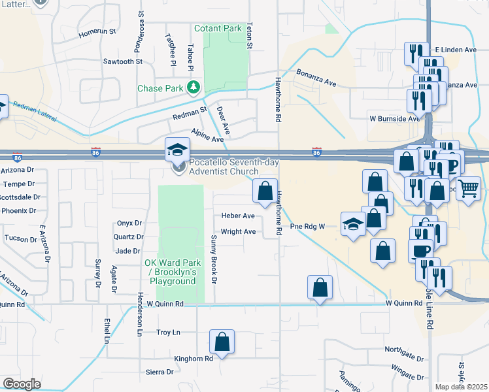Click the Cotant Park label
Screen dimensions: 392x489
click(x=218, y=29)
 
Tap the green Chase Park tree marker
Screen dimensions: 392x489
click(x=194, y=88)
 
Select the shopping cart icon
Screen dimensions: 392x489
click(x=469, y=189)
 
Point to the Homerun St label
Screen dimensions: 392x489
click(x=97, y=31)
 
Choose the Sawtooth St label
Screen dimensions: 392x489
click(x=122, y=61)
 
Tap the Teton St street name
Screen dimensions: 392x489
click(x=249, y=37)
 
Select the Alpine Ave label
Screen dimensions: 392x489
click(x=207, y=135)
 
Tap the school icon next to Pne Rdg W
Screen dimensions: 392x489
click(x=353, y=225)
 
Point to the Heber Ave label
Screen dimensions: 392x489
click(x=238, y=216)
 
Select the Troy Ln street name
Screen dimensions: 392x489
click(x=168, y=333)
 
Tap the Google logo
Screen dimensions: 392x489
click(x=22, y=384)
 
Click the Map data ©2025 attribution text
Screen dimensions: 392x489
click(x=461, y=387)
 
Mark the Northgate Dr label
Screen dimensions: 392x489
click(x=404, y=350)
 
